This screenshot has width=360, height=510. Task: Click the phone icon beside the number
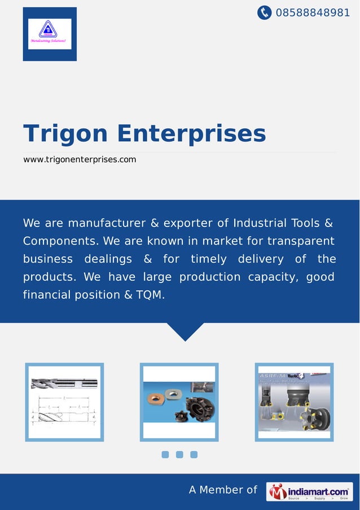click(x=264, y=12)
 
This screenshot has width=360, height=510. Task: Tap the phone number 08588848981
click(x=313, y=12)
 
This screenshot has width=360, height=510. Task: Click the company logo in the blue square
click(x=50, y=34)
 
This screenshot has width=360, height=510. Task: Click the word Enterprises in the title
click(x=191, y=134)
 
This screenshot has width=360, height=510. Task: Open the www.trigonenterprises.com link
click(x=80, y=160)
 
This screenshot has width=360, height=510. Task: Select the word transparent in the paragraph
click(x=301, y=241)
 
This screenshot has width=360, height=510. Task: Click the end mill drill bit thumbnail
click(x=64, y=402)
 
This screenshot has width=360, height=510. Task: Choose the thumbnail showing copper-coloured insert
click(x=179, y=402)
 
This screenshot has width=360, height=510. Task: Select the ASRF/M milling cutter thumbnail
click(x=293, y=402)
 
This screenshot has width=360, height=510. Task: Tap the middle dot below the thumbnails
click(x=179, y=455)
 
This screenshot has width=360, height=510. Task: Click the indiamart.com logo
click(x=309, y=491)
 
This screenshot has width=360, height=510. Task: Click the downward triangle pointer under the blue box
click(x=186, y=332)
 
